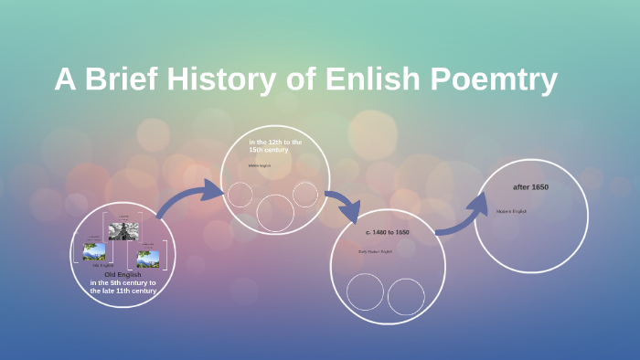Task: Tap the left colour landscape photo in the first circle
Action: (x=93, y=251)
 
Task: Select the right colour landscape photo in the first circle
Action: (x=148, y=259)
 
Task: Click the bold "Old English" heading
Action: (x=123, y=275)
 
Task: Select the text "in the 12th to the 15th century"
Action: (x=275, y=146)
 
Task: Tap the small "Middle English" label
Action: (x=260, y=165)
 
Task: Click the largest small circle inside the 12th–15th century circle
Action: (x=275, y=212)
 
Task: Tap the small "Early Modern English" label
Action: (x=375, y=250)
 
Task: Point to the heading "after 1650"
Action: (x=530, y=186)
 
